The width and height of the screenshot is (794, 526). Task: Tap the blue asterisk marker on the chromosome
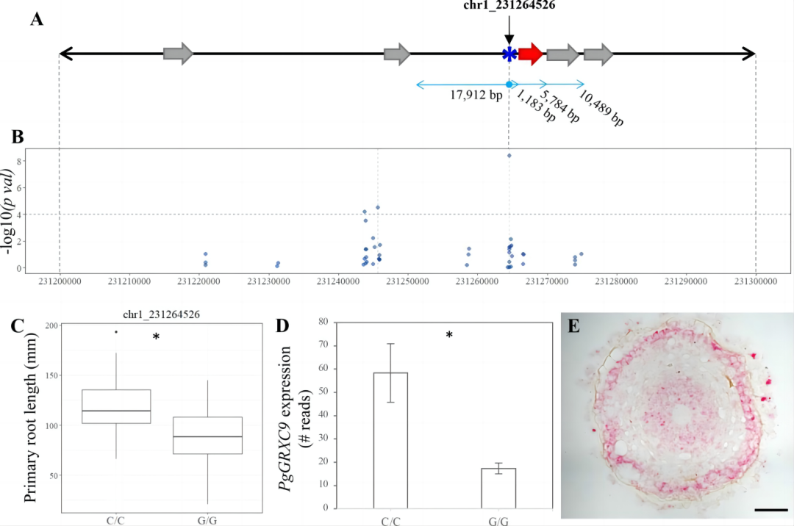509,54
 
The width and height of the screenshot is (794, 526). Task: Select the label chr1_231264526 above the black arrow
509,5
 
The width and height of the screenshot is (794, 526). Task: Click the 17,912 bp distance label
476,95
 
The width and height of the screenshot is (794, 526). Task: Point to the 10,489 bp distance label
601,108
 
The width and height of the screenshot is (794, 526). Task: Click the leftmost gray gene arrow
178,54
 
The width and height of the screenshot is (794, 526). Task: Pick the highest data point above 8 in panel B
509,156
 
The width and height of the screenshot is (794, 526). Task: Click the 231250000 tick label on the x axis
407,281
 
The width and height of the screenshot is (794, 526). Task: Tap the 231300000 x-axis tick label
756,281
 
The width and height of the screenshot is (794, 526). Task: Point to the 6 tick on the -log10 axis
18,188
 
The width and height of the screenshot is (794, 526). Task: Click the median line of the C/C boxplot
116,411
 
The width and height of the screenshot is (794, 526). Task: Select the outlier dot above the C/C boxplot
116,332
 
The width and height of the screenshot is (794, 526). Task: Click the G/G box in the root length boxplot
207,436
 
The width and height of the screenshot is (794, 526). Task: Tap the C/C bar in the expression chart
390,440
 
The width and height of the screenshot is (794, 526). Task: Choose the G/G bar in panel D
498,488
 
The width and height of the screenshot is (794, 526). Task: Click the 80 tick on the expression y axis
323,322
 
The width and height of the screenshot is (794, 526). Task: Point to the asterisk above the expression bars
449,335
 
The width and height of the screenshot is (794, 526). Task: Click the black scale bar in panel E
770,510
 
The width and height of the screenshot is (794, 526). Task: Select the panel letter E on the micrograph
573,326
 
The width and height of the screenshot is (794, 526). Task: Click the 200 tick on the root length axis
51,325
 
